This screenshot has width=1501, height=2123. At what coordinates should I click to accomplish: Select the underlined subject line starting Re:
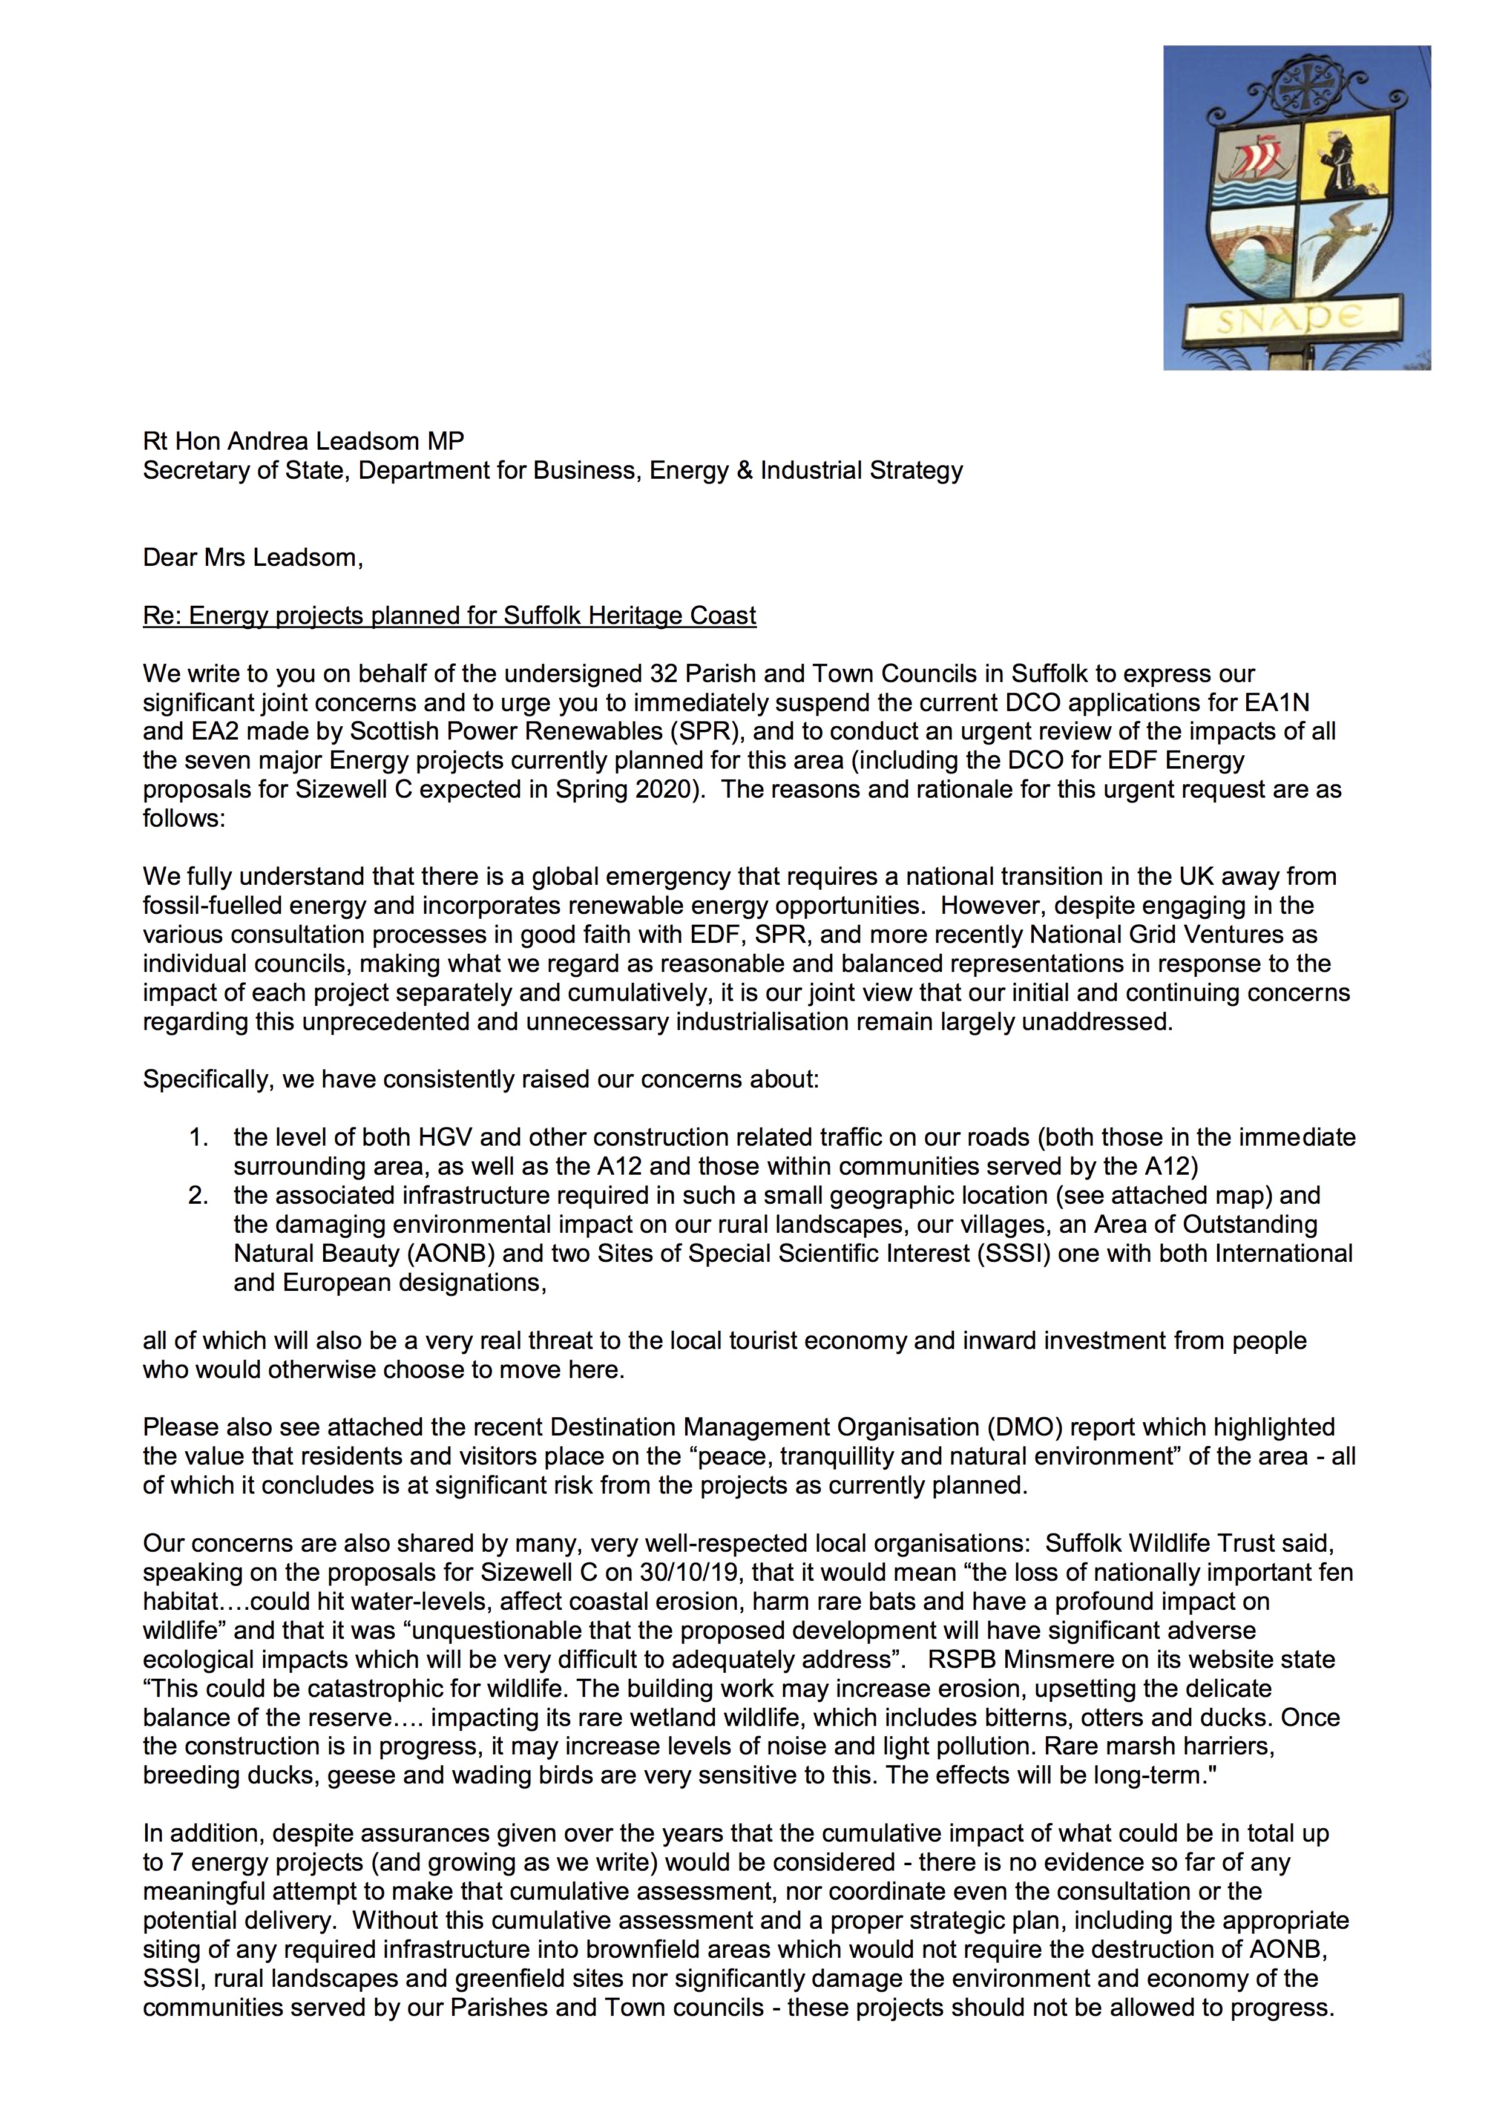tap(450, 616)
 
